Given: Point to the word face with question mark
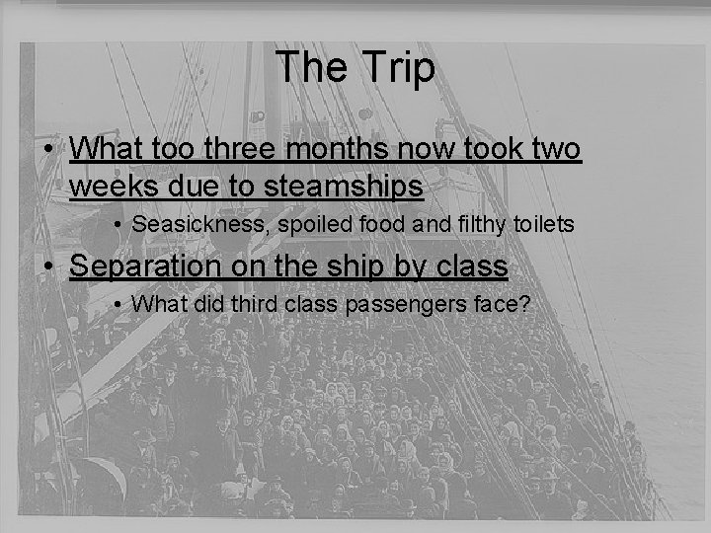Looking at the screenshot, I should click(x=504, y=305).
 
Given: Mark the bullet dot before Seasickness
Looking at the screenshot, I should click(x=118, y=226).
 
